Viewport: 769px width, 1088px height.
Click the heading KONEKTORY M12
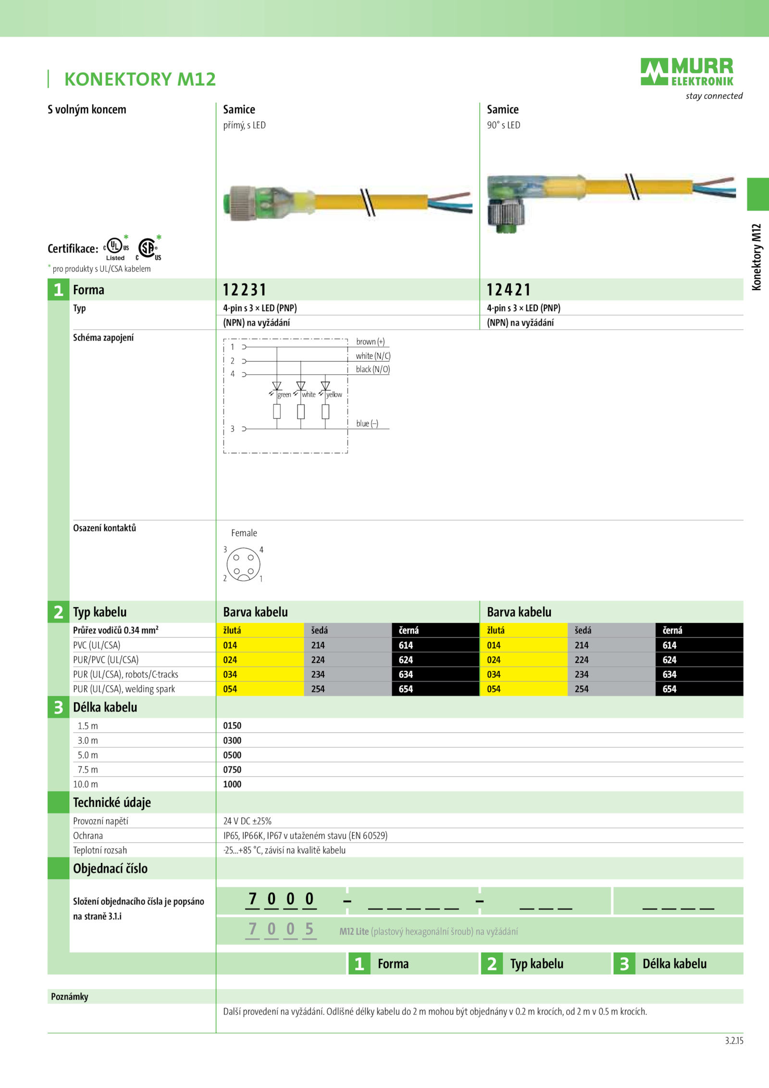[x=140, y=79]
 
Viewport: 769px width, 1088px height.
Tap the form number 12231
[x=244, y=290]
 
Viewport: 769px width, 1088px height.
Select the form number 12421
[x=509, y=290]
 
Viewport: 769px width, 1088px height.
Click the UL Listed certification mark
[x=116, y=248]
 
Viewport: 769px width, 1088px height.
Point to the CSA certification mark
[x=149, y=248]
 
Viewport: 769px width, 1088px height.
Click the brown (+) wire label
[x=370, y=341]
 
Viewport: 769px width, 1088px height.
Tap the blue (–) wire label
[x=367, y=424]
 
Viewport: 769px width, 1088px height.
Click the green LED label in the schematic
[x=284, y=395]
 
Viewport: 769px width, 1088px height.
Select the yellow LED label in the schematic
[x=334, y=395]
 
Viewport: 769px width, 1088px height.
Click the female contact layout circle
[x=244, y=564]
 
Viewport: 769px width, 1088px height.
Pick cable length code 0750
[x=232, y=770]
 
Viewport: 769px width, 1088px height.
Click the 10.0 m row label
[x=86, y=784]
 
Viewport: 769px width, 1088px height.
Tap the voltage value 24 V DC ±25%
[x=247, y=821]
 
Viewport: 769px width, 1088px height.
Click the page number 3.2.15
[x=734, y=1041]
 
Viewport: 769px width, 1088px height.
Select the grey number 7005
[x=281, y=929]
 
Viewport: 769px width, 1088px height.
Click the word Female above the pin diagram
[x=244, y=533]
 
